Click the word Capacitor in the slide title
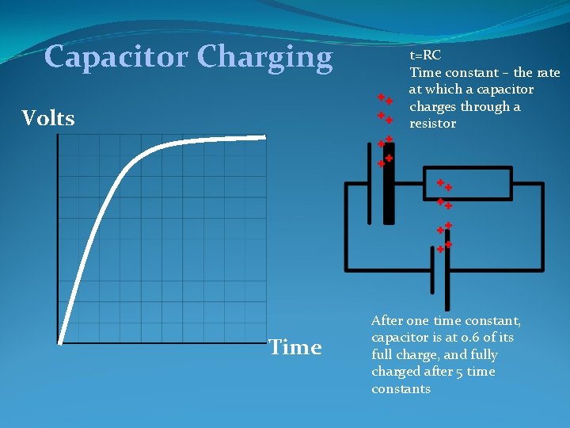117,57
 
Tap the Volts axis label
48,119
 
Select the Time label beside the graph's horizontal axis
295,347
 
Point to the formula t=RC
425,55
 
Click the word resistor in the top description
432,124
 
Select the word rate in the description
547,73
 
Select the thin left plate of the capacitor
369,183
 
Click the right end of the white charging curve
264,136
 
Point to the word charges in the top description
433,107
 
